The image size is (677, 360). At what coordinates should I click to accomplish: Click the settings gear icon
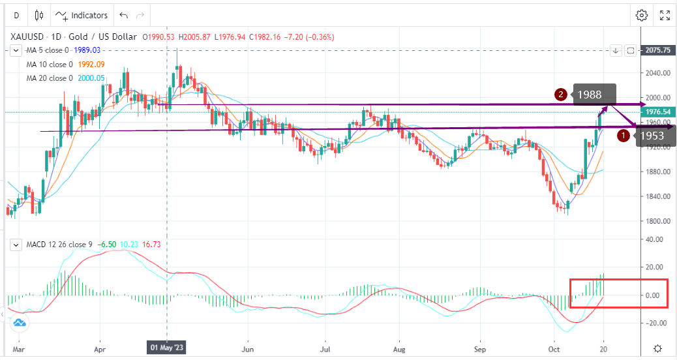pos(642,15)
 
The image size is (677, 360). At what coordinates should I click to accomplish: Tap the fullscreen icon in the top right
pos(665,15)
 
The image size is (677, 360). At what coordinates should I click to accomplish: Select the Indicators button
pos(82,15)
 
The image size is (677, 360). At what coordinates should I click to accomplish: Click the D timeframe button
pos(16,15)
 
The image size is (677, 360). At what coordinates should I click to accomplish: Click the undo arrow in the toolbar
pos(124,15)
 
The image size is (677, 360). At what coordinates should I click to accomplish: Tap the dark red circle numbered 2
pos(560,95)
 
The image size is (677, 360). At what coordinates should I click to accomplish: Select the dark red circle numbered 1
pos(623,136)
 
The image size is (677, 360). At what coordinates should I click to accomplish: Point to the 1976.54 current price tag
pos(657,112)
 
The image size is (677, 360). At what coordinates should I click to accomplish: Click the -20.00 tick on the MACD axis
pos(655,323)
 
